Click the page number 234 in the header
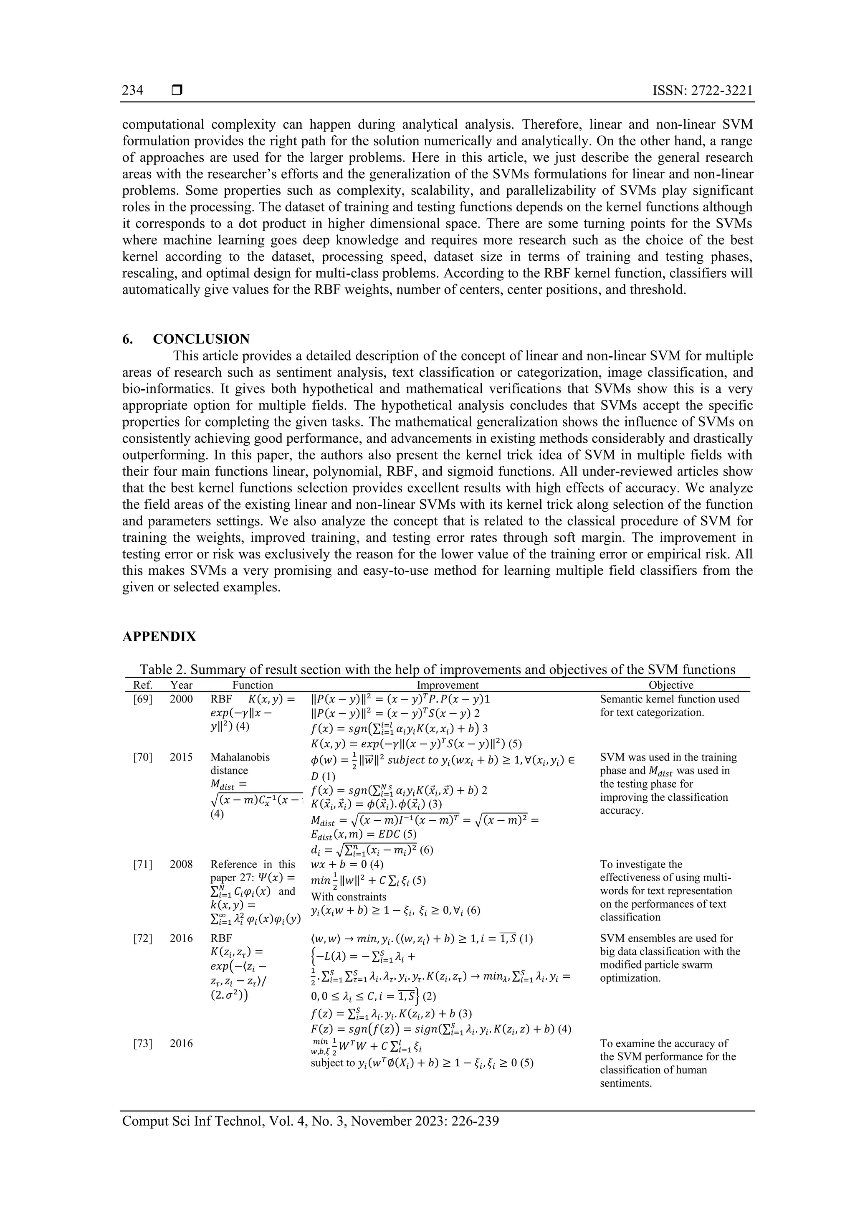click(x=132, y=91)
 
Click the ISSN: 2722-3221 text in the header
click(x=702, y=91)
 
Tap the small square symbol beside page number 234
click(x=177, y=91)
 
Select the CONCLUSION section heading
click(x=201, y=339)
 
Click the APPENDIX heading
click(x=159, y=637)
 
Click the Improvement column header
click(x=447, y=685)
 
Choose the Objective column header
click(x=670, y=685)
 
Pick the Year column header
click(x=181, y=685)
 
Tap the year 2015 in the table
click(x=181, y=757)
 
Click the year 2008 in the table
click(x=181, y=864)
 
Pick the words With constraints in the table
click(x=348, y=896)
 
